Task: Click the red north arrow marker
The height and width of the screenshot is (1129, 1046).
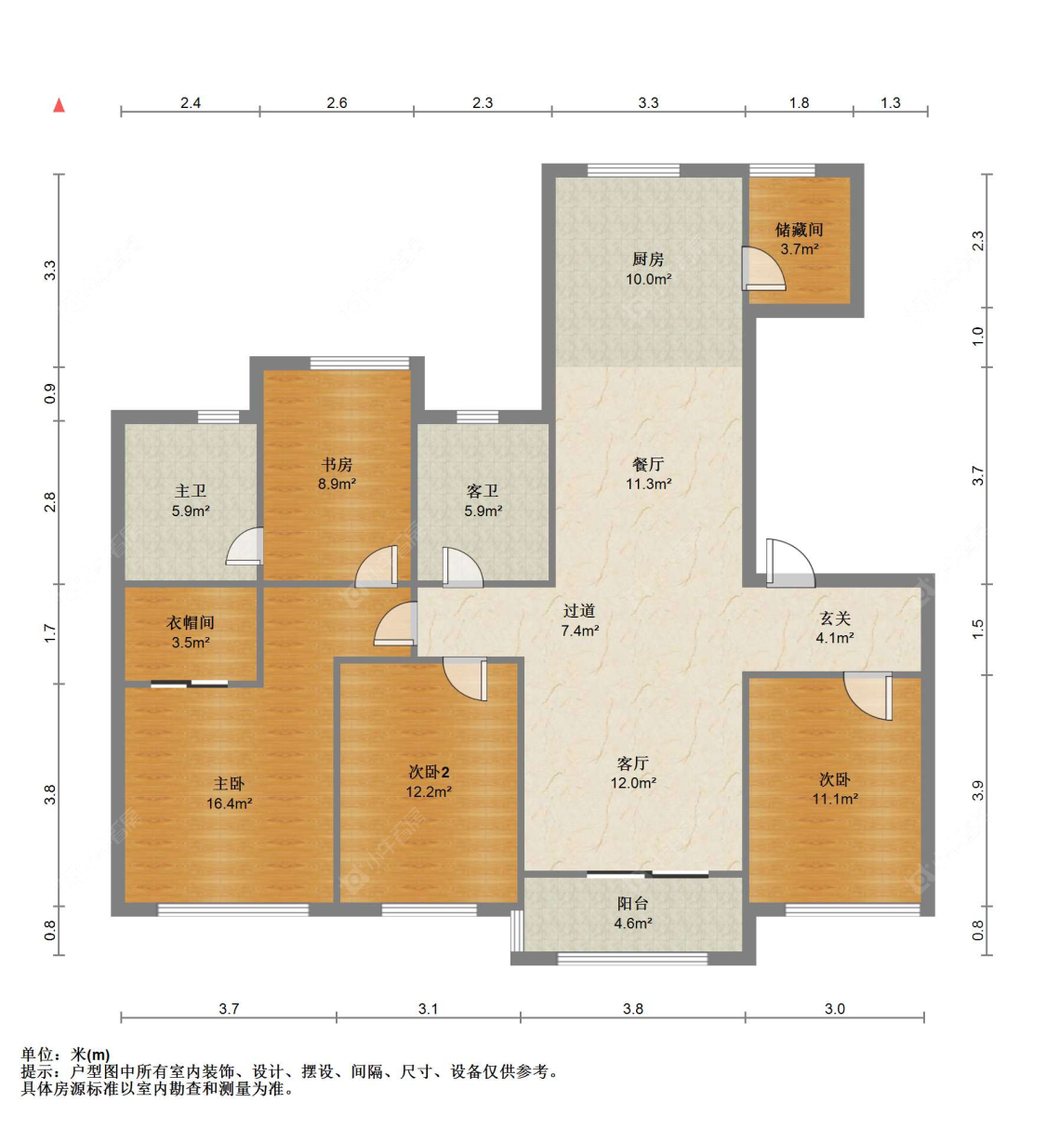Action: [x=59, y=105]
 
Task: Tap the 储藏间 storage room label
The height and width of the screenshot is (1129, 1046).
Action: [x=799, y=230]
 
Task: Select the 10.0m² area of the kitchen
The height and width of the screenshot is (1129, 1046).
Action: [x=649, y=279]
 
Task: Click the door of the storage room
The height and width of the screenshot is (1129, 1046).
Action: [x=763, y=269]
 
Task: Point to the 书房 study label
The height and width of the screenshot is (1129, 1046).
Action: [x=337, y=464]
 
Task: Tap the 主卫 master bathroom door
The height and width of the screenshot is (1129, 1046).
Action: [x=245, y=546]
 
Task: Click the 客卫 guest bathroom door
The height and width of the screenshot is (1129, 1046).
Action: [x=463, y=566]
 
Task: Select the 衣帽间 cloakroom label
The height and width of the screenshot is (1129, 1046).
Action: [x=190, y=622]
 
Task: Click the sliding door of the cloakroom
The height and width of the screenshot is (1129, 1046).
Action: [x=190, y=684]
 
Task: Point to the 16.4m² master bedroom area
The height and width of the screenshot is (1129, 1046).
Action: [x=229, y=804]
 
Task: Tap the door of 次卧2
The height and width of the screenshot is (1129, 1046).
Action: [x=465, y=679]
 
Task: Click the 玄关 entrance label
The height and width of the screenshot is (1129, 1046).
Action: [x=835, y=618]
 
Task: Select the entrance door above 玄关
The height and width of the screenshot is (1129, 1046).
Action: [x=790, y=563]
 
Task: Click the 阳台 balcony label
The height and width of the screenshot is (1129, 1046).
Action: [x=632, y=903]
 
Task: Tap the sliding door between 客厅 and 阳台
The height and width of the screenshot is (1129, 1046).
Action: [x=648, y=874]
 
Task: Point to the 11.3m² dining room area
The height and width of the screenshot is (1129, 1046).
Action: [x=649, y=484]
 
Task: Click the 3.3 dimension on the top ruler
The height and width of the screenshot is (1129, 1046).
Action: [x=648, y=103]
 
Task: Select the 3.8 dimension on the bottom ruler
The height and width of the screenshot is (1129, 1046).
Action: [x=633, y=1008]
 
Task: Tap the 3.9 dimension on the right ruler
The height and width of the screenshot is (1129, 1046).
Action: [x=977, y=790]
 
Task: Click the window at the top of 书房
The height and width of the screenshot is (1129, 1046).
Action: [x=359, y=363]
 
